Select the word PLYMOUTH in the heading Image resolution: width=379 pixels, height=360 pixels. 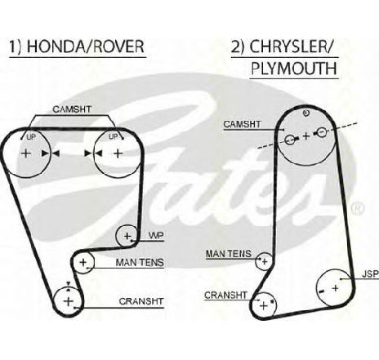[x=294, y=69]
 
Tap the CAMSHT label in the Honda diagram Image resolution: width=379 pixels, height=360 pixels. [x=72, y=109]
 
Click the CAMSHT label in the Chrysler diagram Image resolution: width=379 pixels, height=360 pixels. [x=242, y=124]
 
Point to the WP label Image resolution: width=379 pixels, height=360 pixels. [x=156, y=235]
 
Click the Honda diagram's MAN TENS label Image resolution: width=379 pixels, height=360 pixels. [x=140, y=263]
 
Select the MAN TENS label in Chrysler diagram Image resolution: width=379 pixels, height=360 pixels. [x=229, y=254]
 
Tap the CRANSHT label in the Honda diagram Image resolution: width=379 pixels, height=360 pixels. [x=141, y=301]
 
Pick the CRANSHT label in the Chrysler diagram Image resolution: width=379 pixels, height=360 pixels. [x=225, y=296]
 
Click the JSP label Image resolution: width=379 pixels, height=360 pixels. [x=370, y=274]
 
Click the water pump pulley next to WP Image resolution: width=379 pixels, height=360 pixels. [x=127, y=236]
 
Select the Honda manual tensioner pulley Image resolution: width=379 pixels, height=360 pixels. [x=83, y=262]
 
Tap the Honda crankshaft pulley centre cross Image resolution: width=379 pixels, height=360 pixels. [x=68, y=301]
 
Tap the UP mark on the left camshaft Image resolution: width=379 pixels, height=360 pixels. [x=31, y=137]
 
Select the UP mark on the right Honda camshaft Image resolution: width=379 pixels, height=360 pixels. [x=114, y=136]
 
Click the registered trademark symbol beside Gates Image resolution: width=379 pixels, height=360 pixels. [x=357, y=209]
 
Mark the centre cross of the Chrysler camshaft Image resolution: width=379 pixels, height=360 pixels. [x=306, y=136]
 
